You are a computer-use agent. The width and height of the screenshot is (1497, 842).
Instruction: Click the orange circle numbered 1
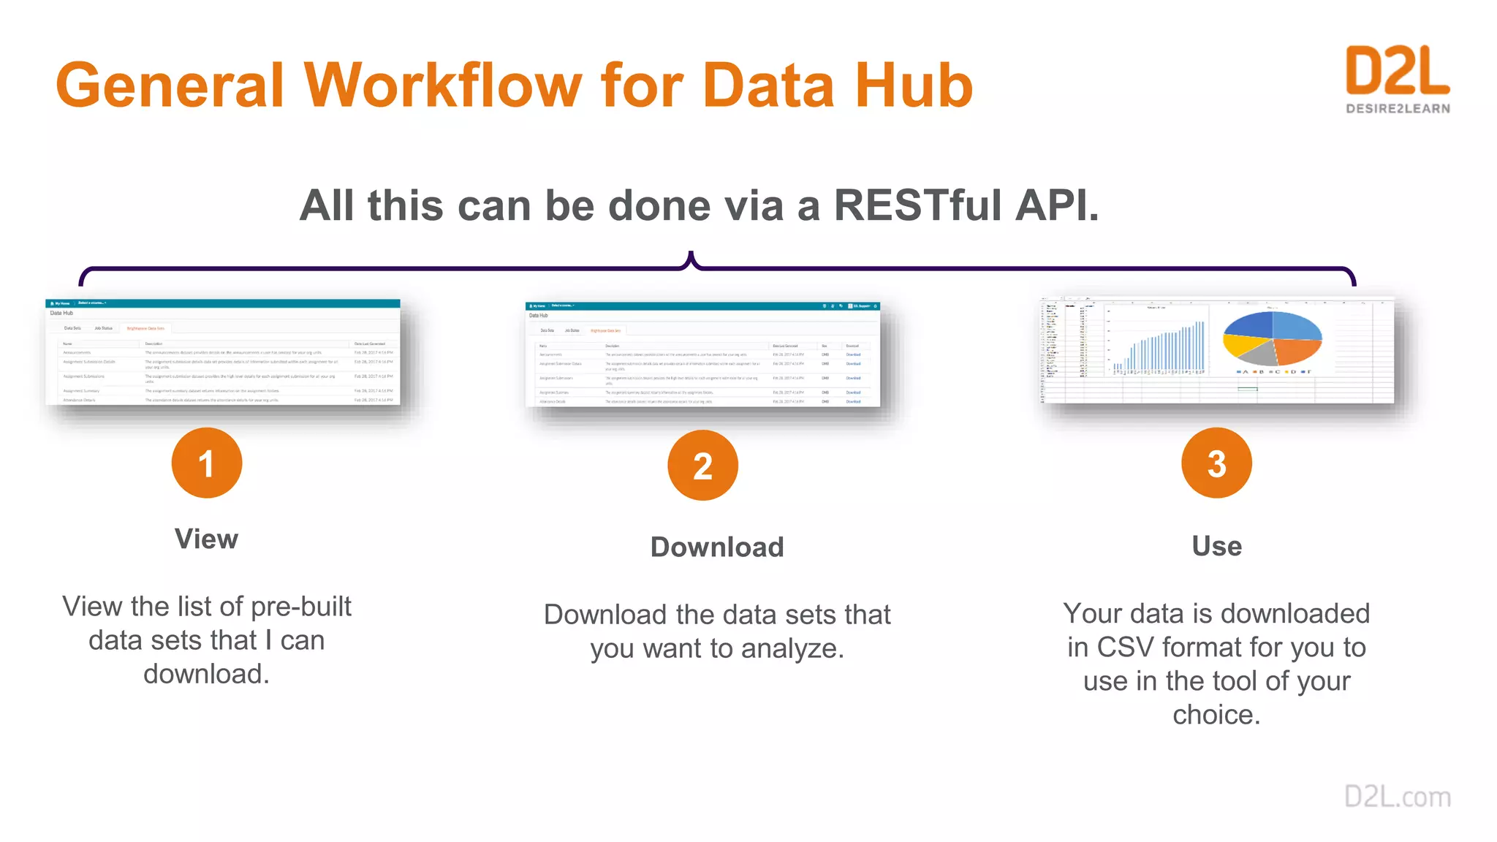(x=207, y=463)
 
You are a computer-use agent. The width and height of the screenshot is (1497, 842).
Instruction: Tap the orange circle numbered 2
(x=702, y=466)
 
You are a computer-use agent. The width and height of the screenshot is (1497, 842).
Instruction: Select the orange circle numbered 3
(x=1216, y=463)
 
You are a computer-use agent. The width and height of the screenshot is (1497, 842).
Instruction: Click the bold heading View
(x=206, y=539)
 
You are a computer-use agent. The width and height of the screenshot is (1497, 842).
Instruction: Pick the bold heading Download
(x=717, y=547)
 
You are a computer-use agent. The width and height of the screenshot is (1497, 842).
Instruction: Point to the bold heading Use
(x=1216, y=546)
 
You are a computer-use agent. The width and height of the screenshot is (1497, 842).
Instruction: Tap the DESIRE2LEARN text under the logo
(x=1398, y=109)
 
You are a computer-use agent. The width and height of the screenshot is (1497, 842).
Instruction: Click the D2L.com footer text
(x=1397, y=797)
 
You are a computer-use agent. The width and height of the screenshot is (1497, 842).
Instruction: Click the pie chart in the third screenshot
(x=1272, y=338)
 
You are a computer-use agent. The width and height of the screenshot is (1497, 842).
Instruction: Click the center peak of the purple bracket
(x=691, y=257)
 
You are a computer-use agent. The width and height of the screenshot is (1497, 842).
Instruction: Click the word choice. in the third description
(x=1216, y=715)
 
